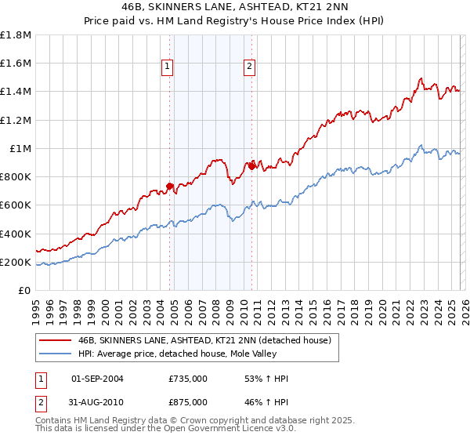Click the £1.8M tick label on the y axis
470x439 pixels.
click(16, 35)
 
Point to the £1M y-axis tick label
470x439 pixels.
click(20, 148)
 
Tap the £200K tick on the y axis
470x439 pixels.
click(16, 262)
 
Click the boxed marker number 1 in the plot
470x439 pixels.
click(168, 67)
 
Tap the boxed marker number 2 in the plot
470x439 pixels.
click(249, 67)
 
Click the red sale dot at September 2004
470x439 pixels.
click(169, 186)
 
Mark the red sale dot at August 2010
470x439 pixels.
click(251, 165)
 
